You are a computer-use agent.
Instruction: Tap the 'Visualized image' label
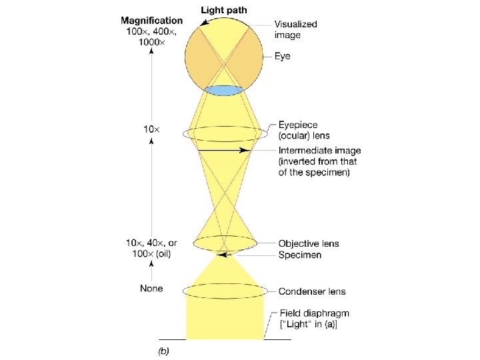[297, 29]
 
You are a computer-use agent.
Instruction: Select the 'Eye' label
[283, 57]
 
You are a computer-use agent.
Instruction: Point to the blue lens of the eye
[223, 90]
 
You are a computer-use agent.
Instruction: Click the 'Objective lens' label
[309, 243]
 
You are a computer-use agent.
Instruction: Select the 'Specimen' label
[300, 255]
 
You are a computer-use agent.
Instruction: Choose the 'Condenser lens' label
[311, 291]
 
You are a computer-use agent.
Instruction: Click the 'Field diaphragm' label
[313, 313]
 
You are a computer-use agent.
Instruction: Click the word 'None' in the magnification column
[151, 289]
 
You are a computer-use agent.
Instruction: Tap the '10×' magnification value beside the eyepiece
[151, 129]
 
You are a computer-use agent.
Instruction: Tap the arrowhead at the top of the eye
[201, 22]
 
